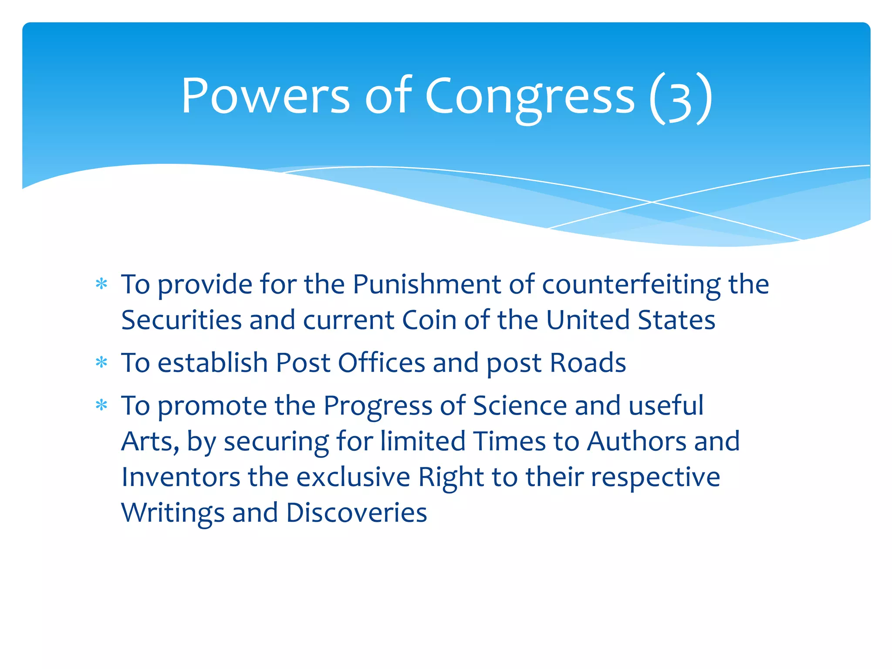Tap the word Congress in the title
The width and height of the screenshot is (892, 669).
point(530,97)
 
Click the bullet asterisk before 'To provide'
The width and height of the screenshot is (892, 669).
point(101,284)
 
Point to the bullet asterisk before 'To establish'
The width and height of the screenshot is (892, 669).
point(101,362)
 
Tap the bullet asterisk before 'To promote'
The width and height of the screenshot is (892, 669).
point(101,405)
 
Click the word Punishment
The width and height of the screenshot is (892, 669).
point(426,284)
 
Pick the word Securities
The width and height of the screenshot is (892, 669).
point(181,320)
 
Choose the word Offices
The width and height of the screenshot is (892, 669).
point(381,362)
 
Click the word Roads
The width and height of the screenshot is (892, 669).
point(588,362)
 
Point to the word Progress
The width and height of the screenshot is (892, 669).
point(378,406)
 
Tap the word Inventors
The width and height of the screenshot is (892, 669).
point(181,477)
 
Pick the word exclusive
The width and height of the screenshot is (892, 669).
point(353,477)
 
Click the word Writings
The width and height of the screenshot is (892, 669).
point(173,513)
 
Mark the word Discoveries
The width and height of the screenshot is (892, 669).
point(356,513)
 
